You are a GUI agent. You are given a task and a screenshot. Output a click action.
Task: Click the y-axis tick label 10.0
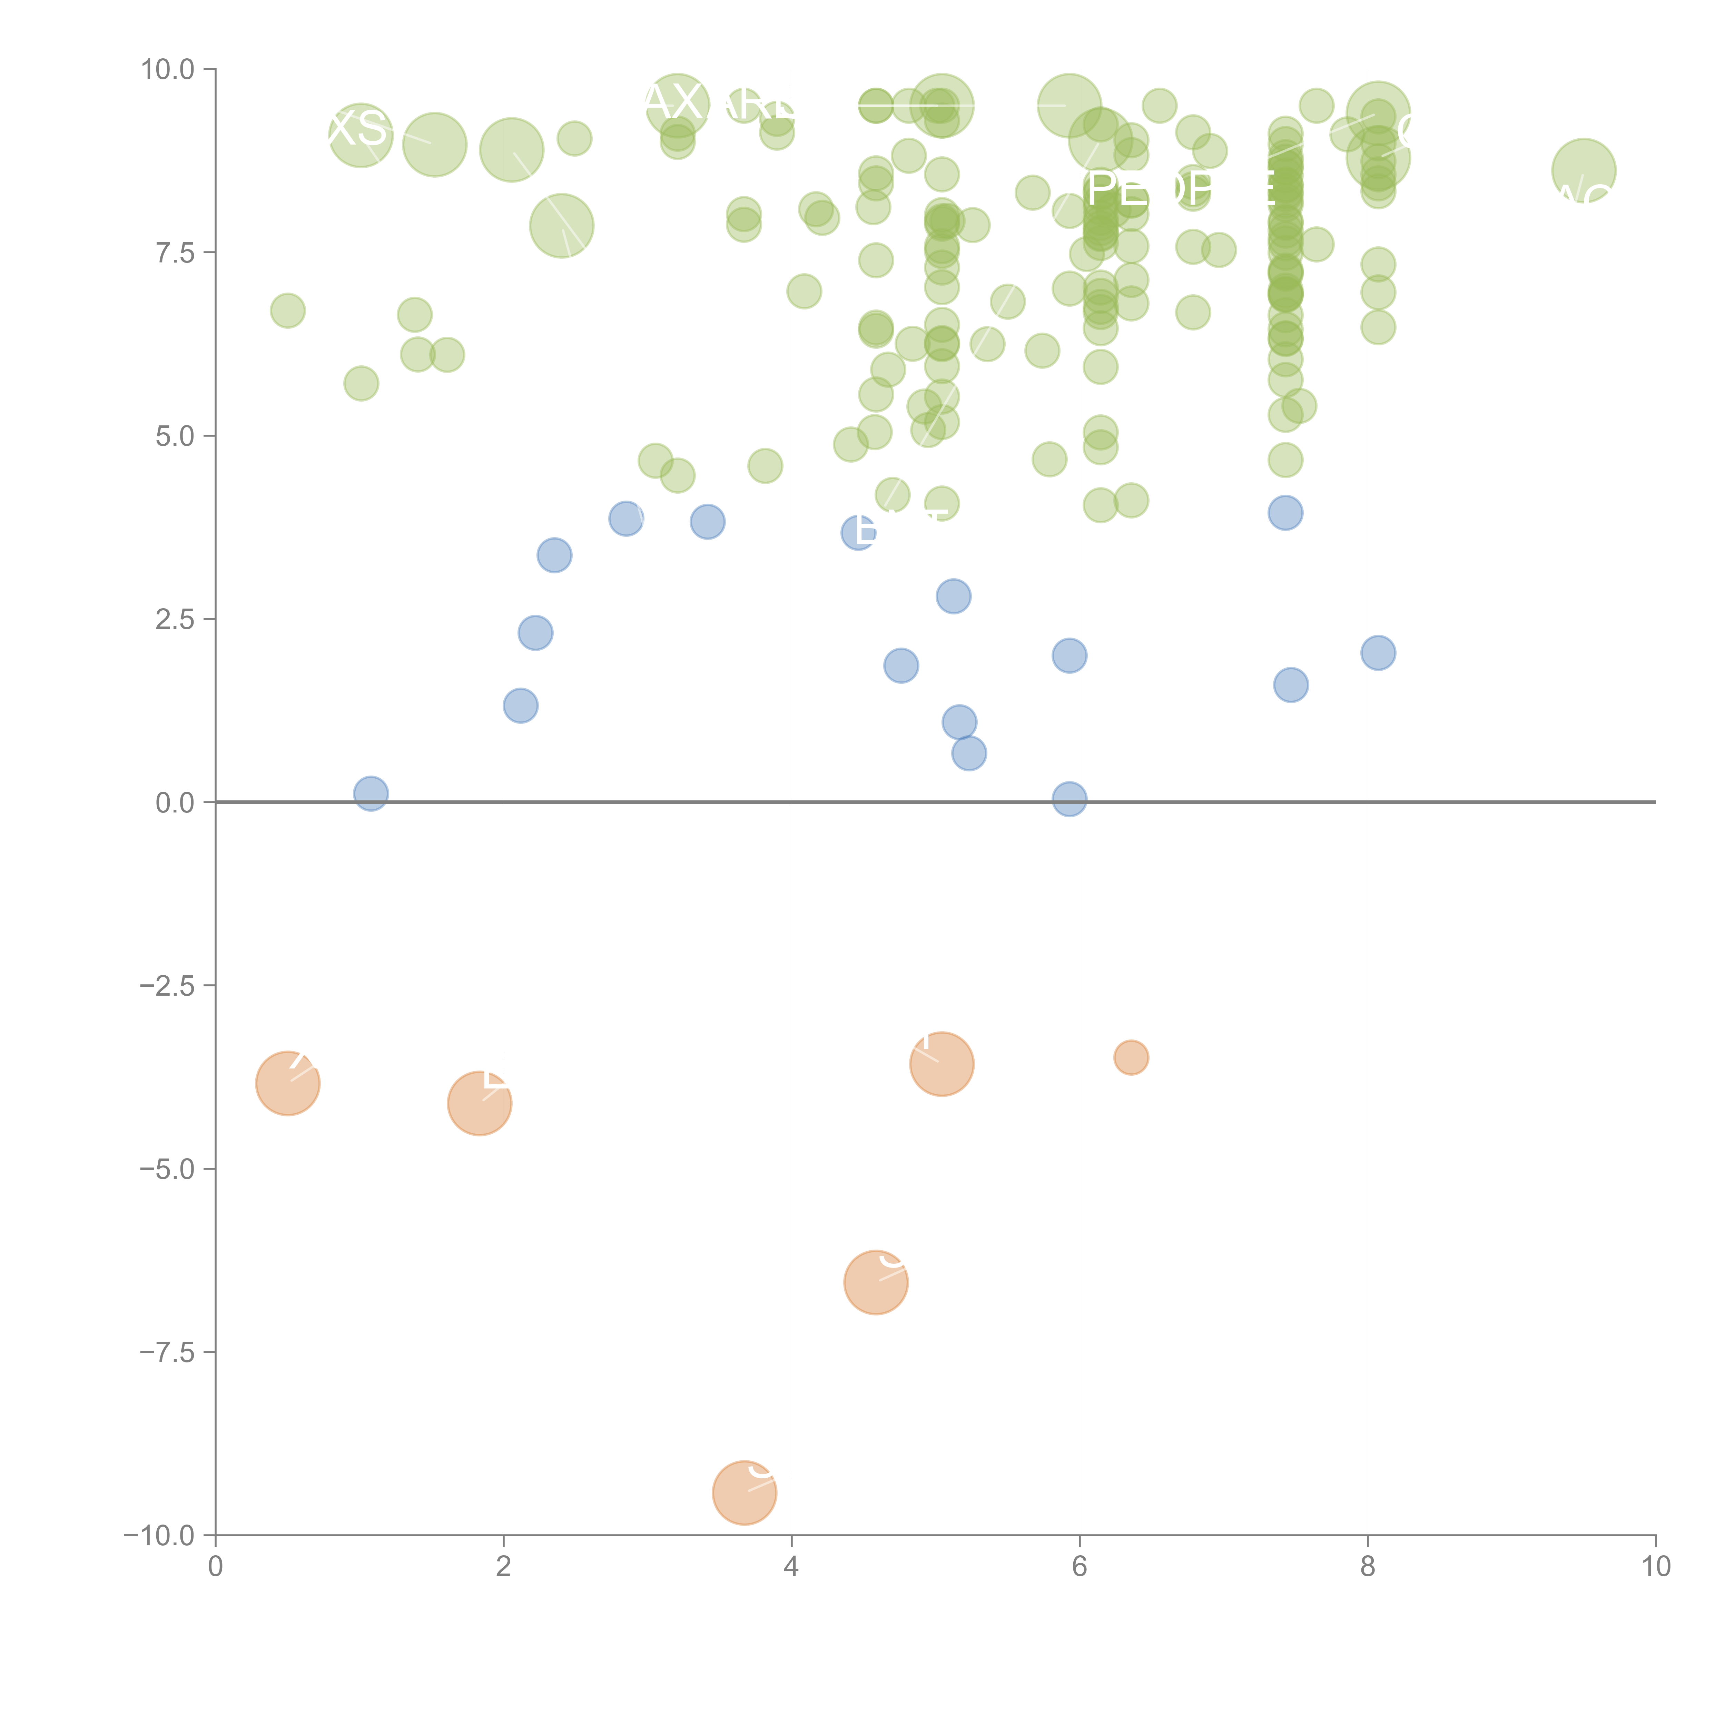168,70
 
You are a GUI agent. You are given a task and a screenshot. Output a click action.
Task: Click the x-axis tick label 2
504,1567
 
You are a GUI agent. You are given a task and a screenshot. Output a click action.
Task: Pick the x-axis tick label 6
1080,1567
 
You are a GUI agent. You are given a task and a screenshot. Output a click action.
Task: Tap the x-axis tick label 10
1655,1567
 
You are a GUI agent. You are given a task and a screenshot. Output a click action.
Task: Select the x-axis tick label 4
791,1567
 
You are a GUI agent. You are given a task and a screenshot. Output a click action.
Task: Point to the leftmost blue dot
371,793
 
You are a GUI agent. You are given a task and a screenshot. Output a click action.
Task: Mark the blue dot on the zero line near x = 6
1069,799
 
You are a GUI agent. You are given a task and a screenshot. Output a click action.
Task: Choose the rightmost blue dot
1378,653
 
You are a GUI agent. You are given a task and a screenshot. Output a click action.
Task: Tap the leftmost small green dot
287,311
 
